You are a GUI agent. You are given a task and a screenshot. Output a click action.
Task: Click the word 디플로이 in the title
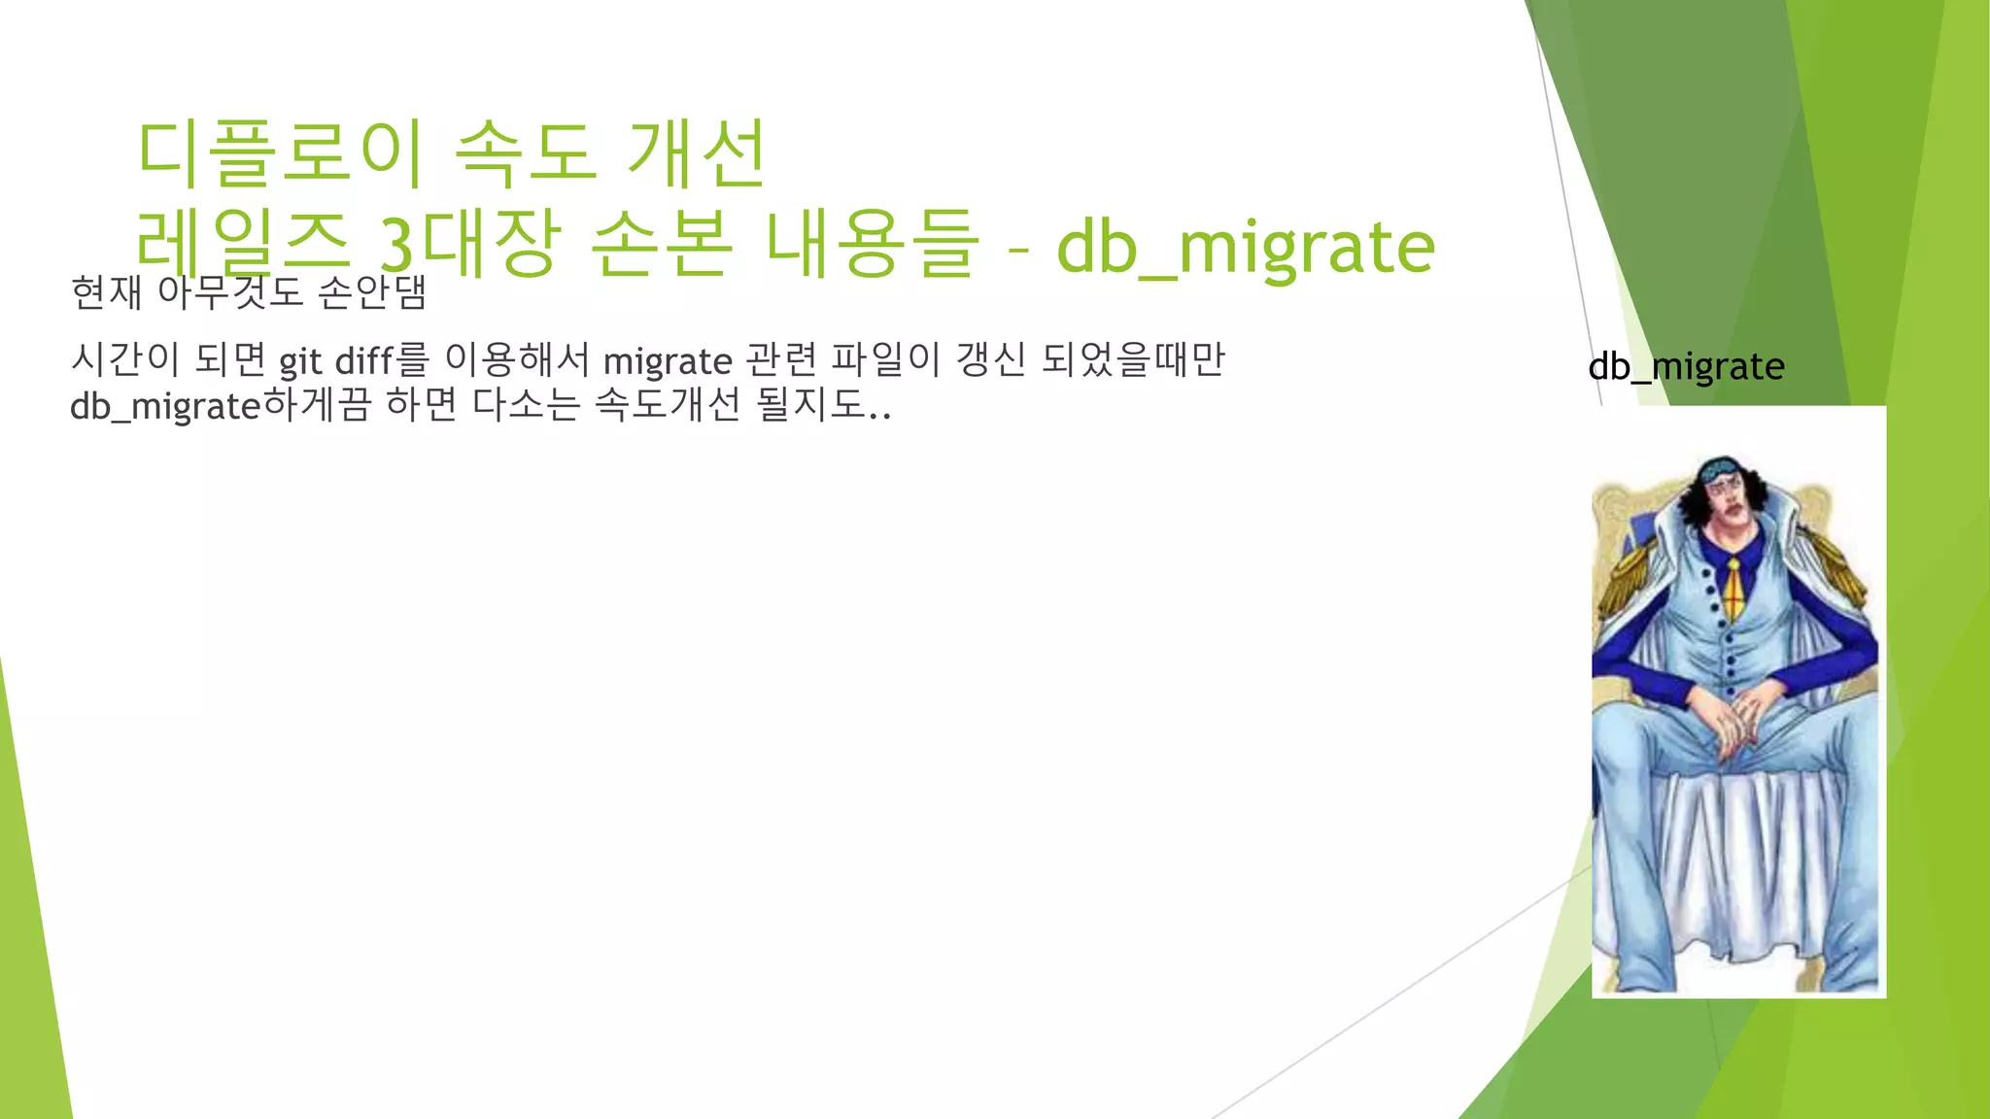tap(280, 153)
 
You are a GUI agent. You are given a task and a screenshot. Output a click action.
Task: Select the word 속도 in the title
tap(525, 153)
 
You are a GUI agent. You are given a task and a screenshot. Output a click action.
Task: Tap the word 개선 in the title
tap(698, 153)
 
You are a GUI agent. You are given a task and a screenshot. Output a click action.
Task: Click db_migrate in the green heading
tap(1245, 247)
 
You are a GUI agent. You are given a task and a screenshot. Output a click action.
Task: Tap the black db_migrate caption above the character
tap(1686, 366)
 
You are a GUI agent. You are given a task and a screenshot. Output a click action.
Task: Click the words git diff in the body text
tap(336, 361)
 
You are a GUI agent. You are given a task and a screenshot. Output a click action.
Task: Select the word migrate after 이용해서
tap(668, 361)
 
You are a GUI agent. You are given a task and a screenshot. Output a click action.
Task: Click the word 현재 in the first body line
tap(107, 291)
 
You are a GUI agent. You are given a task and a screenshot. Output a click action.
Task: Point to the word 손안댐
tap(372, 291)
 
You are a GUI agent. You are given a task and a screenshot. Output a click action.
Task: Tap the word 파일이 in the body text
tap(885, 360)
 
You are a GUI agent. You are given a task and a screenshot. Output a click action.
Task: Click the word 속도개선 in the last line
tap(668, 404)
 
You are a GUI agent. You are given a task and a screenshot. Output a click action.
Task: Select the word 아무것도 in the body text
tap(230, 291)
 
